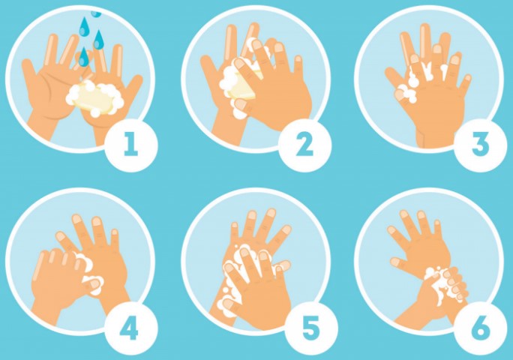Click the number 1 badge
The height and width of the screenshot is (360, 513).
point(131,145)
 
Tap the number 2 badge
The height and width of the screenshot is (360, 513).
point(304,145)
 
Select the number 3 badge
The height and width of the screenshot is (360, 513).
point(481,145)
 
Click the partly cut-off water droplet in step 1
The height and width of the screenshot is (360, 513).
point(96,13)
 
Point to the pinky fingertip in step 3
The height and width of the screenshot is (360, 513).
point(468,78)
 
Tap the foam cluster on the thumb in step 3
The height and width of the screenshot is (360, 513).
point(406,93)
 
